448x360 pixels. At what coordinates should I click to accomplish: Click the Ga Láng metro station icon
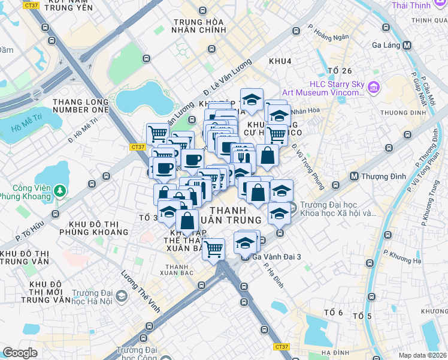tap(407, 45)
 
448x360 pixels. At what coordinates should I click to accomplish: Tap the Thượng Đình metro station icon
tap(354, 176)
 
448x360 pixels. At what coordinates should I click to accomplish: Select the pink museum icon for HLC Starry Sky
tap(374, 88)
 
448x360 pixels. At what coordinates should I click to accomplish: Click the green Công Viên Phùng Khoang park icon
tap(59, 191)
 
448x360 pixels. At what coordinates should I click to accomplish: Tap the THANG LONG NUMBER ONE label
tap(81, 106)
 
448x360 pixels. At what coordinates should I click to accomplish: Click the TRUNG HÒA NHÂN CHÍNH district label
tap(198, 26)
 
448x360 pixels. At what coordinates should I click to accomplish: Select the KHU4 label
tap(280, 62)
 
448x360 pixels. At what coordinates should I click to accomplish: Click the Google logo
tap(20, 353)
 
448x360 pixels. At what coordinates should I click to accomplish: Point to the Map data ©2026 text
tap(422, 355)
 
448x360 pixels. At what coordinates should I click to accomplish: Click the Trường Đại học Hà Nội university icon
tap(122, 296)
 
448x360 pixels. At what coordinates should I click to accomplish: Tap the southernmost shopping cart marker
tap(213, 248)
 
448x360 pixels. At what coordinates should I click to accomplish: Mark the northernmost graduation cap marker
tap(252, 98)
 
